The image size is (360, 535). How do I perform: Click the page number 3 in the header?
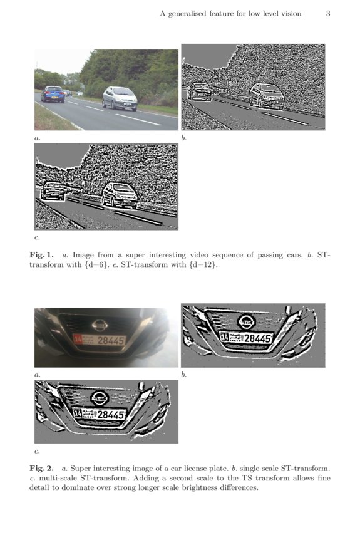coord(327,14)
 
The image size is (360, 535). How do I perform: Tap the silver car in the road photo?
coord(120,98)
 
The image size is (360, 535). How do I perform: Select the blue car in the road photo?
coord(53,94)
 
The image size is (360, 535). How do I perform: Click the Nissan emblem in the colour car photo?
coord(100,325)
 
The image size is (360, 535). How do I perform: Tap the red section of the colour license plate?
coord(78,340)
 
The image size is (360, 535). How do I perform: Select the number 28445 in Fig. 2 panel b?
coord(257,338)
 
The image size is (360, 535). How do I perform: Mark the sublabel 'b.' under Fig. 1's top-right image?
coord(184,137)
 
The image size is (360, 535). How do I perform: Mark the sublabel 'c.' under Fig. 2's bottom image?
coord(37,450)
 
